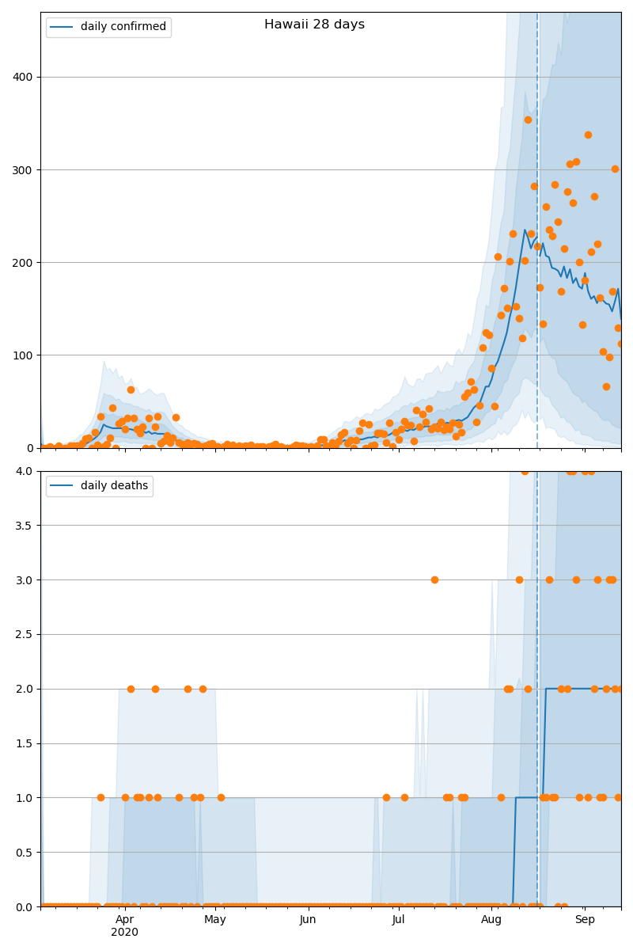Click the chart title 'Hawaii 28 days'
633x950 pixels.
314,25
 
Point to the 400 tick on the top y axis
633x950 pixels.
24,77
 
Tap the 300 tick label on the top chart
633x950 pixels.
24,169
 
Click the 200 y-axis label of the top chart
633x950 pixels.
24,262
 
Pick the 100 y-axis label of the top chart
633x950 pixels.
24,355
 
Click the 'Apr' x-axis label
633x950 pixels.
125,919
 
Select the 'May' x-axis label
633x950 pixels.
215,919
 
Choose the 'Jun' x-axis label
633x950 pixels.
308,919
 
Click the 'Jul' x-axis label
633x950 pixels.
398,919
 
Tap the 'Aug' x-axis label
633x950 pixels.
491,919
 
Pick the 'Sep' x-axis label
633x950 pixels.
585,919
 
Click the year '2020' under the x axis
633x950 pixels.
125,932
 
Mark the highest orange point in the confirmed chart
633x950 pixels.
528,120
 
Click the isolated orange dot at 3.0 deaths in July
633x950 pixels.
434,579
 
